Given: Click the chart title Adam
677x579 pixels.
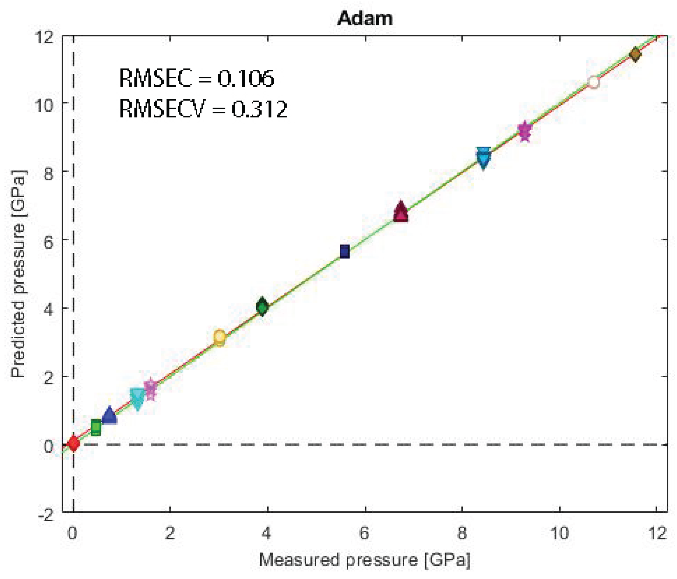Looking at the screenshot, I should coord(365,18).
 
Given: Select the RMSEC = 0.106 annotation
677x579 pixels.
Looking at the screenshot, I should coord(197,78).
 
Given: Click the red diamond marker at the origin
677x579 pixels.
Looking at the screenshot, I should coord(73,443).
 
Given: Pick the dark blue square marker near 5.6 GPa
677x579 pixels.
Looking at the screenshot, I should coord(345,252).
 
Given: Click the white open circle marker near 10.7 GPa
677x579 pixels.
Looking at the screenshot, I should coord(593,82).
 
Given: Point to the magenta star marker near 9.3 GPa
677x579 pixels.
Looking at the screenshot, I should coord(525,131).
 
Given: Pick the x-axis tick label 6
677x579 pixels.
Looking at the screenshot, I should coord(364,533).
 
